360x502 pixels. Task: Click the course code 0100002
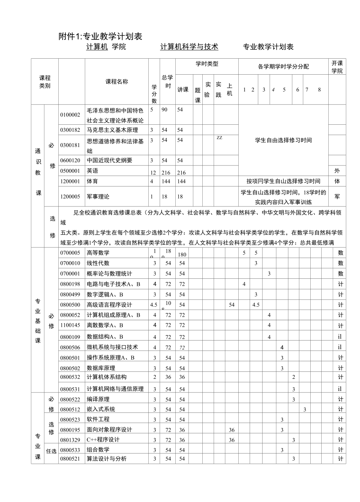click(70, 115)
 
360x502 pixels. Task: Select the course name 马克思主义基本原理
click(112, 130)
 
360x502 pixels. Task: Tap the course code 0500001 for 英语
click(70, 171)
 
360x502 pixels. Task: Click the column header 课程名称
click(117, 82)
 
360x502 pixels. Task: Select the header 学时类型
click(207, 64)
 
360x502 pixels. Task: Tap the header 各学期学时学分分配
click(283, 66)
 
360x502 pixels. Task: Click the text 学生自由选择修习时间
click(283, 140)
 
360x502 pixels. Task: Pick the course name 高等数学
click(98, 253)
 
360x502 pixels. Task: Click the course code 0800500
click(70, 305)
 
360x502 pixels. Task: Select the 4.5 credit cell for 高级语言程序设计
click(154, 305)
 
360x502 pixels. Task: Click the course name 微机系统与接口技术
click(112, 347)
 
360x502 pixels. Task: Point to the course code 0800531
click(70, 389)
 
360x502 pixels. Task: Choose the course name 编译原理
click(98, 399)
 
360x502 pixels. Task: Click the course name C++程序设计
click(103, 439)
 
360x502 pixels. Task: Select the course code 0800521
click(70, 459)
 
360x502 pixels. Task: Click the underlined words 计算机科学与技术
click(189, 47)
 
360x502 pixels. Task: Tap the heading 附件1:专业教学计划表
click(100, 36)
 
